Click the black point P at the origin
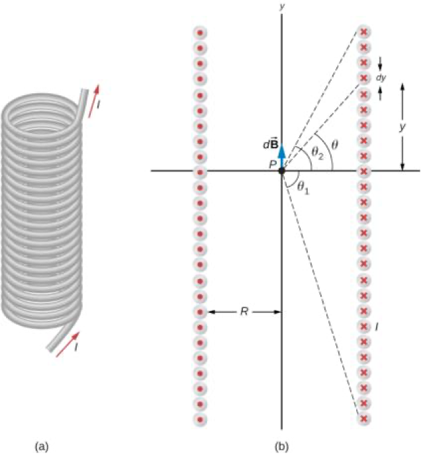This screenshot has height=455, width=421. (x=282, y=171)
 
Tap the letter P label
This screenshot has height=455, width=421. (x=271, y=164)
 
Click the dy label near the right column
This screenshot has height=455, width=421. (x=381, y=77)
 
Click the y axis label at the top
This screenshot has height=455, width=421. (x=282, y=7)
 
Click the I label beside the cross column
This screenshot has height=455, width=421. (x=377, y=326)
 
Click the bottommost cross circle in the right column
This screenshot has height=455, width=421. (x=363, y=418)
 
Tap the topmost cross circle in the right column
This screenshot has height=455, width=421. (x=363, y=32)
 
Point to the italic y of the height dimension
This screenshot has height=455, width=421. (x=402, y=128)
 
